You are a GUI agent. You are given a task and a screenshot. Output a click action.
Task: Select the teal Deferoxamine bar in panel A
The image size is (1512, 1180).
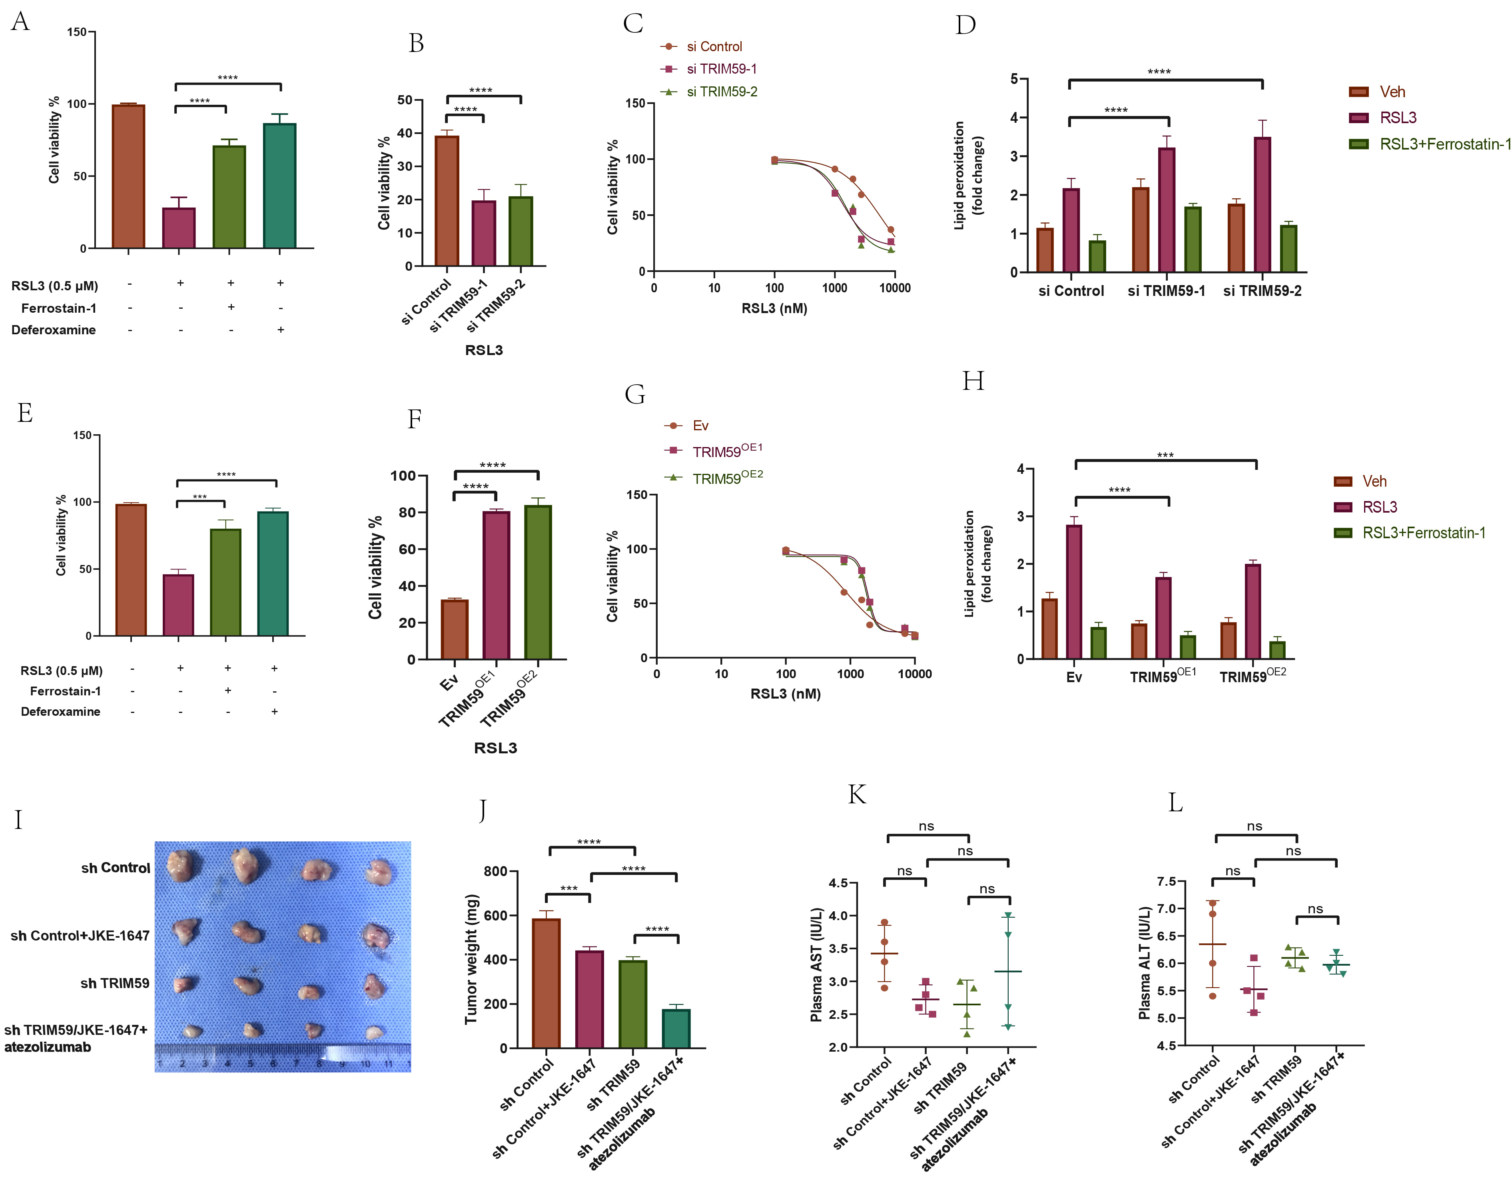coord(280,186)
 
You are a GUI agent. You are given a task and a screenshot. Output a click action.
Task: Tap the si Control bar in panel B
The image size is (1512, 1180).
coord(447,201)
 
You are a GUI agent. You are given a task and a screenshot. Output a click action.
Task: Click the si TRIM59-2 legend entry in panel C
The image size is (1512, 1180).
coord(721,92)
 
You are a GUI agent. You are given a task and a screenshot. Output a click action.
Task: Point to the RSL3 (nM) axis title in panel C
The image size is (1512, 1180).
coord(774,308)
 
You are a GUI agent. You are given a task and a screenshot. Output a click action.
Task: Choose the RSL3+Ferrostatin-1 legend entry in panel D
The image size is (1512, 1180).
coord(1444,144)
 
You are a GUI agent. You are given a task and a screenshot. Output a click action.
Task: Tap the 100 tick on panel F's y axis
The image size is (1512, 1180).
coord(403,476)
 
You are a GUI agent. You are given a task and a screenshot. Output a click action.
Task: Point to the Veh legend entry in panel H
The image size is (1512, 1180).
coord(1374,481)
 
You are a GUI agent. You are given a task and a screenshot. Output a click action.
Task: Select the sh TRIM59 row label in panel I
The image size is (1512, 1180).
coord(115,983)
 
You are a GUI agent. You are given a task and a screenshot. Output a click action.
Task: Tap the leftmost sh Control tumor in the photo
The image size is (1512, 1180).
coord(183,866)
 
